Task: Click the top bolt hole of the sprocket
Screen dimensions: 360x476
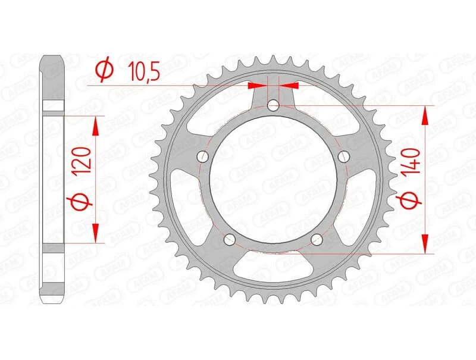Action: pyautogui.click(x=273, y=106)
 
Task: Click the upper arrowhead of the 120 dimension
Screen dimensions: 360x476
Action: pyautogui.click(x=94, y=124)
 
